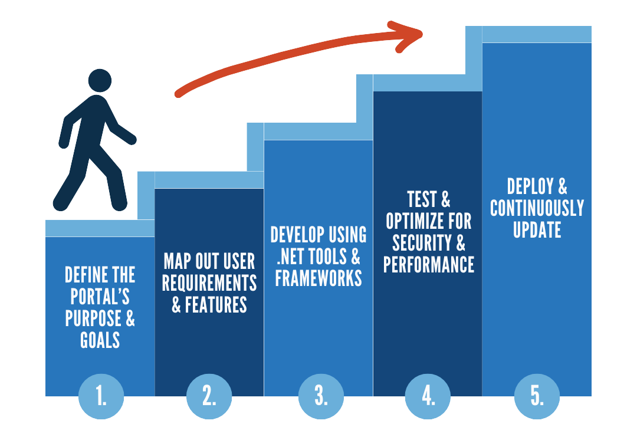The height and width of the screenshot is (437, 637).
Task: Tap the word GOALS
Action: [x=100, y=340]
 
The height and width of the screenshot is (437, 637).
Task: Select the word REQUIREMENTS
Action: [x=209, y=283]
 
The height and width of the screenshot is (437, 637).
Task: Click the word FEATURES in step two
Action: [x=216, y=305]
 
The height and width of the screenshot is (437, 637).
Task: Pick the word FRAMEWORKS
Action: [x=318, y=278]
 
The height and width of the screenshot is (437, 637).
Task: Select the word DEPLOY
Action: [x=530, y=186]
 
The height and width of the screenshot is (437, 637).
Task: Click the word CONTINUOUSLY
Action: [x=537, y=208]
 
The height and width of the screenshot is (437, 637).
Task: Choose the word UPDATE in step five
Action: [x=537, y=229]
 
